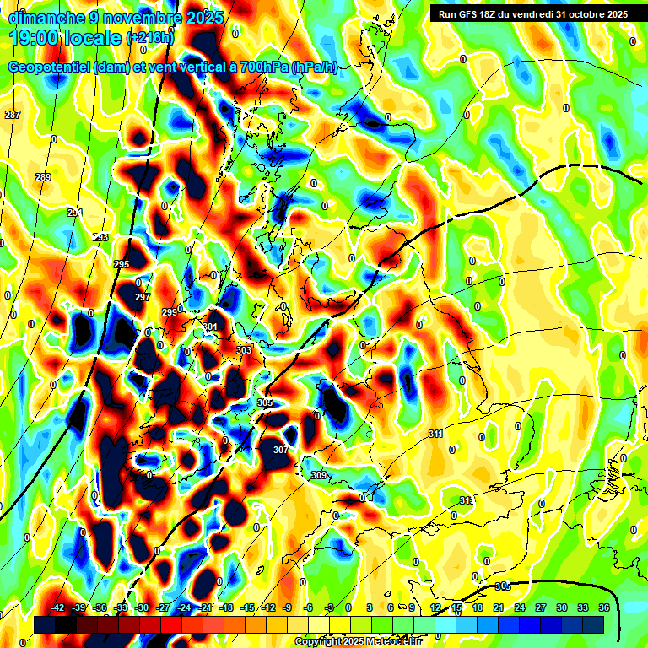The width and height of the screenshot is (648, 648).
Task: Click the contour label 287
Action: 13,115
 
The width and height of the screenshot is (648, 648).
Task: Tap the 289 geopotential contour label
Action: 43,177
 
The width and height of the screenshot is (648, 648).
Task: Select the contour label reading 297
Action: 142,298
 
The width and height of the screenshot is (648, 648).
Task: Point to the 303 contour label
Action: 244,349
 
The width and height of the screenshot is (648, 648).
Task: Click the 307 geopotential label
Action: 281,450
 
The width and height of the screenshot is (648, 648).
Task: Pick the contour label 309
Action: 319,476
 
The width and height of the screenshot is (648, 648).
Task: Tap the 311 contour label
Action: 435,434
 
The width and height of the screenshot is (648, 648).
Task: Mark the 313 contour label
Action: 467,501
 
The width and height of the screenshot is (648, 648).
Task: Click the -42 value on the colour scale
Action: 58,607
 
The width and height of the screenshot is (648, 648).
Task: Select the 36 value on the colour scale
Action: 603,607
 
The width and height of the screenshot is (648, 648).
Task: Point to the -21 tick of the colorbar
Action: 205,607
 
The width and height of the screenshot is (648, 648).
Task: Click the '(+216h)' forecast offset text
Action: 149,38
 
